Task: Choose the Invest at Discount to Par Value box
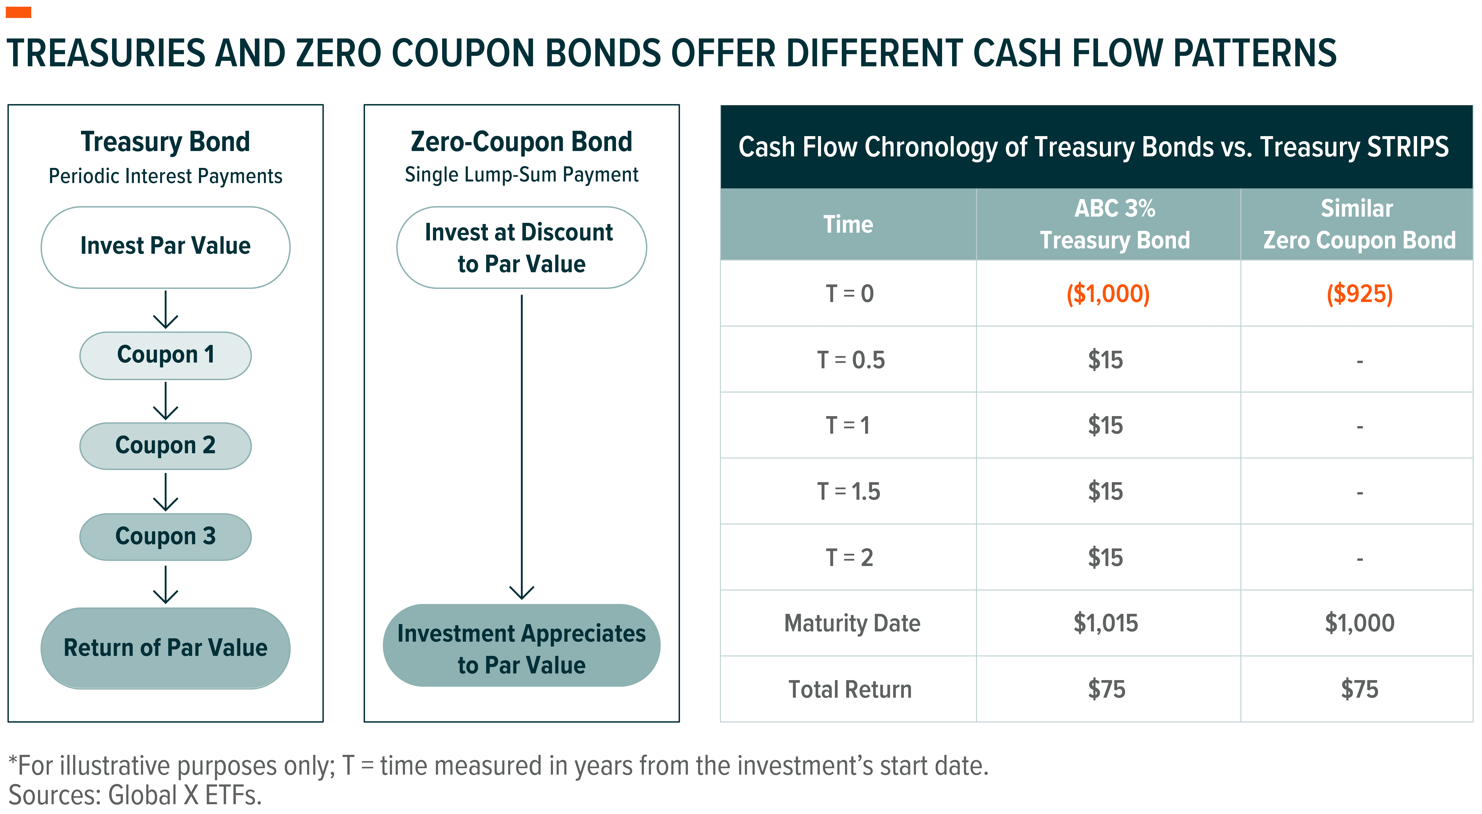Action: [x=521, y=248]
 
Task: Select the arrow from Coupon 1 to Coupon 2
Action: [x=166, y=401]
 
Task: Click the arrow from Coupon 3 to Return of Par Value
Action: [x=166, y=584]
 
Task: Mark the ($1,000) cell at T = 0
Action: [x=1107, y=294]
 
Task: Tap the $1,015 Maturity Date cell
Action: [x=1106, y=623]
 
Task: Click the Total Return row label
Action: [x=850, y=689]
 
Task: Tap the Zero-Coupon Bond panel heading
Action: [x=521, y=142]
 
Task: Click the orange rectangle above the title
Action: [x=18, y=12]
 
